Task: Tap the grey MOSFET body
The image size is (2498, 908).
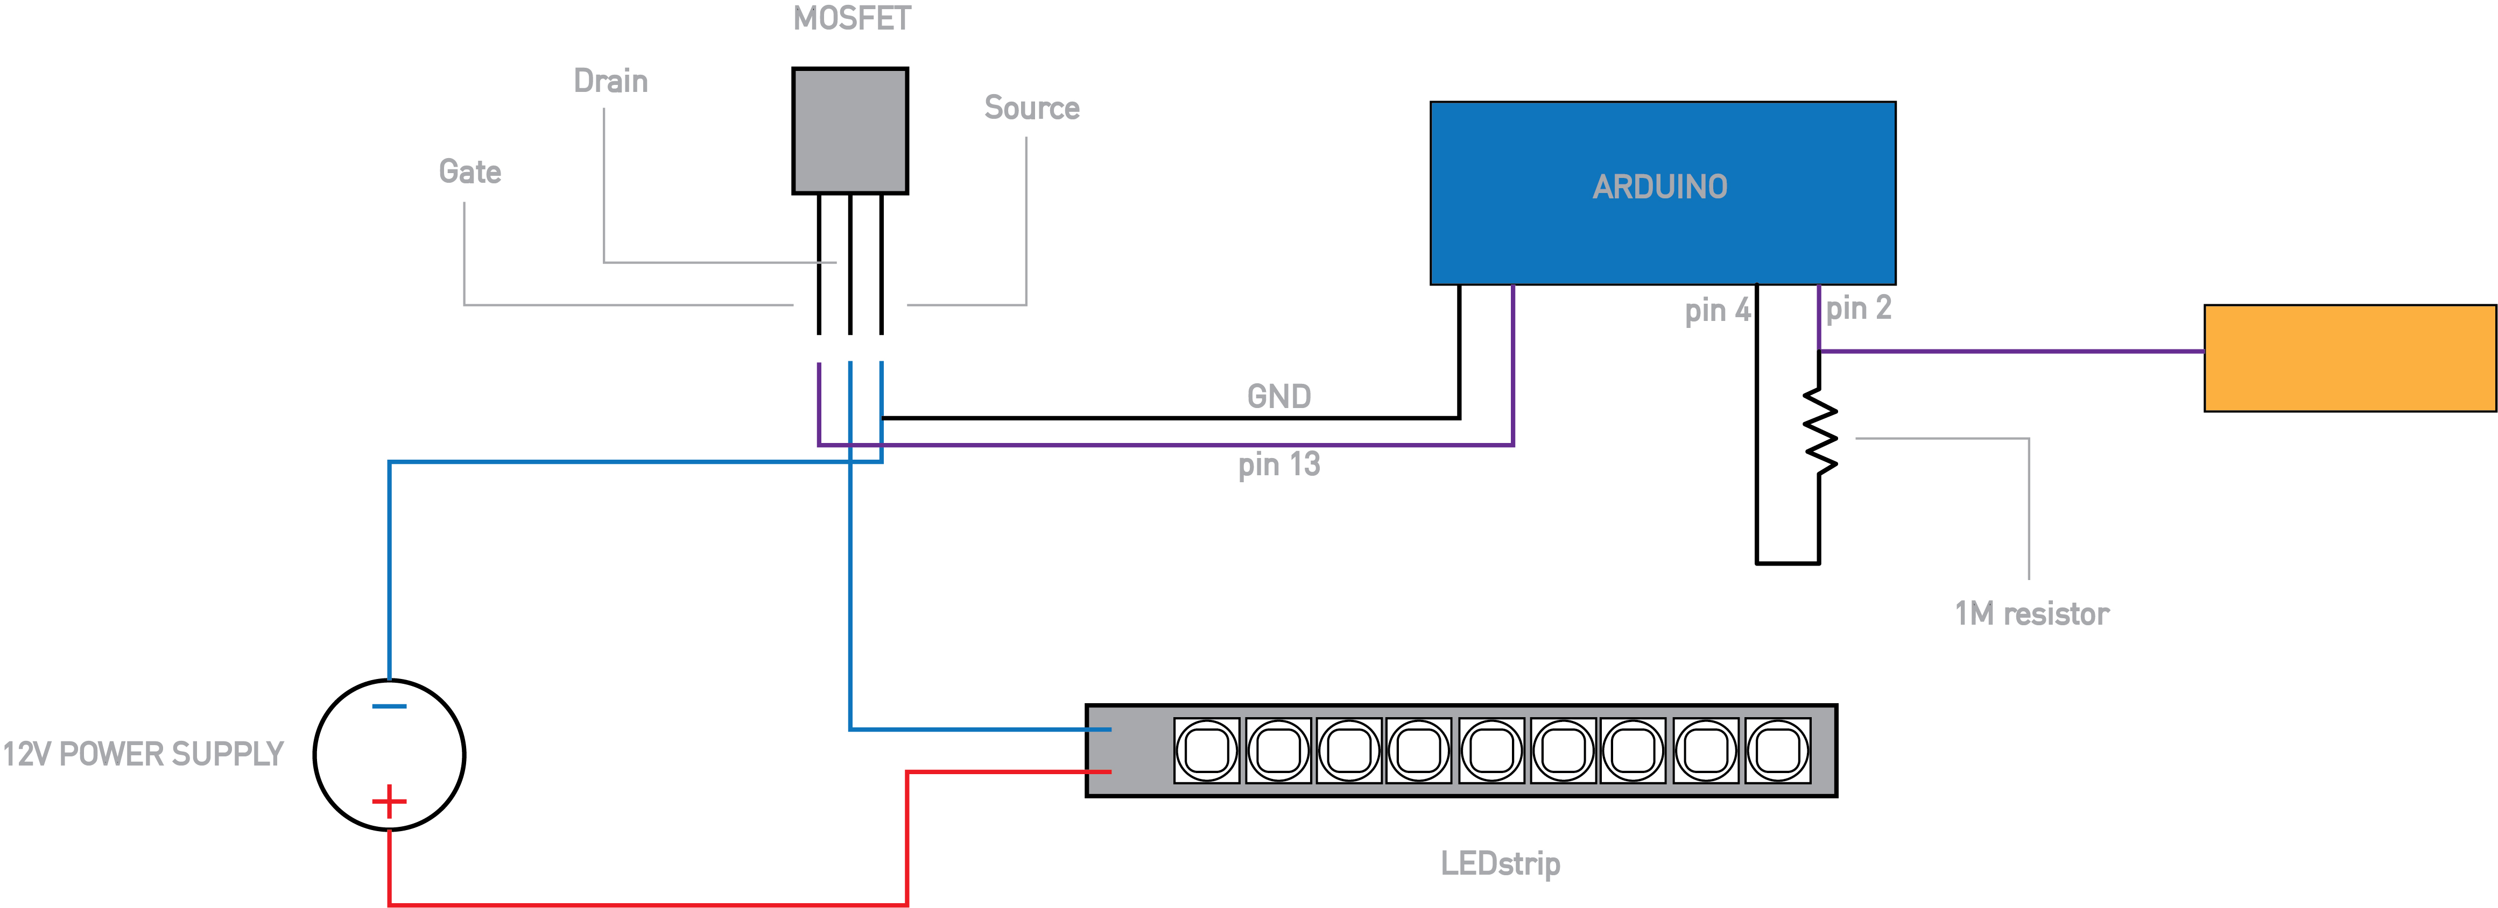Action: pos(849,131)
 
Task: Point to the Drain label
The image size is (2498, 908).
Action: pos(611,81)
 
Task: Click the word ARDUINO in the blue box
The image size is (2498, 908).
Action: pos(1660,187)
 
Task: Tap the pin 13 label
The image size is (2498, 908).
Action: pos(1279,465)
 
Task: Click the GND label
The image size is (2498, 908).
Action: pos(1279,396)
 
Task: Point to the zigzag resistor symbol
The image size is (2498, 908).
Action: pos(1820,431)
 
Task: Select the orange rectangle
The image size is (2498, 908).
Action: pos(2349,359)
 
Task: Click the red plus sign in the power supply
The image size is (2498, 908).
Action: pos(389,802)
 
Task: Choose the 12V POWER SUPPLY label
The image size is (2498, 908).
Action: pos(143,754)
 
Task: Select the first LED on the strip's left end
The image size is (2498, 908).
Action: pos(1206,750)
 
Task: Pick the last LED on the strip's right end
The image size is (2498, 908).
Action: pos(1777,750)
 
